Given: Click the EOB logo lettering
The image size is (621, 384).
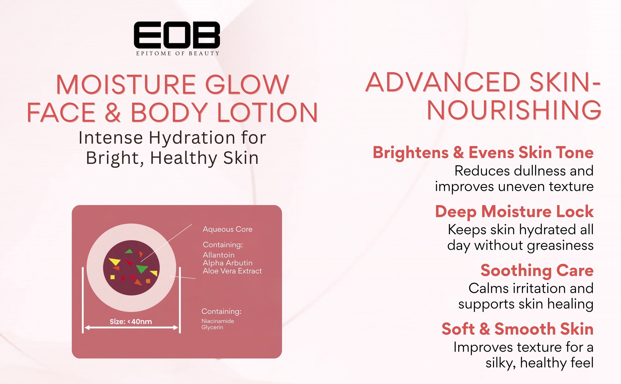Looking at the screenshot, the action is pyautogui.click(x=177, y=35).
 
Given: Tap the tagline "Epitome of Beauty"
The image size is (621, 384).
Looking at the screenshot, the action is pyautogui.click(x=178, y=53).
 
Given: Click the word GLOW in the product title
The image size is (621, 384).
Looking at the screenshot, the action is pyautogui.click(x=247, y=85).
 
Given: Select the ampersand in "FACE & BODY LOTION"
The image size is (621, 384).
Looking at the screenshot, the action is pyautogui.click(x=113, y=112).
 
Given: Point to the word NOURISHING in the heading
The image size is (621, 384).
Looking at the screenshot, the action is pyautogui.click(x=514, y=110).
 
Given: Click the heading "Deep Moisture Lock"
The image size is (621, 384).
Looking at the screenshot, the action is pyautogui.click(x=514, y=212).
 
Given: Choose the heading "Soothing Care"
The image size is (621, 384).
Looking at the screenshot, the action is pyautogui.click(x=537, y=270).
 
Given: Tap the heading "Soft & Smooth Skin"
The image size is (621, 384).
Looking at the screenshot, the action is pyautogui.click(x=518, y=329).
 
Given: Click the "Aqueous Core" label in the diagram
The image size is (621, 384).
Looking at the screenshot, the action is pyautogui.click(x=228, y=229).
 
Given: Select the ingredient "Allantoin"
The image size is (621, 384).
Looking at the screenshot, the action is pyautogui.click(x=219, y=255).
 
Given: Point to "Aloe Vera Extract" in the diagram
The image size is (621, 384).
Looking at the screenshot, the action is pyautogui.click(x=232, y=271).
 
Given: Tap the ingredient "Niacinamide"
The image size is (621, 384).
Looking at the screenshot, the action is pyautogui.click(x=218, y=321).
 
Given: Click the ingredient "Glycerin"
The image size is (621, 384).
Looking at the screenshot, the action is pyautogui.click(x=212, y=327).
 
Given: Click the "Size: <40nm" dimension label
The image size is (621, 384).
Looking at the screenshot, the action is pyautogui.click(x=131, y=322).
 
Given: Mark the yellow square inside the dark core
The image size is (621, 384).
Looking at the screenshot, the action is pyautogui.click(x=112, y=277).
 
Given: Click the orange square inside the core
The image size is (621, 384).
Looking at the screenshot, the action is pyautogui.click(x=148, y=281).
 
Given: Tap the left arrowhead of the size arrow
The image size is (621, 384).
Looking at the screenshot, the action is pyautogui.click(x=87, y=327).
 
